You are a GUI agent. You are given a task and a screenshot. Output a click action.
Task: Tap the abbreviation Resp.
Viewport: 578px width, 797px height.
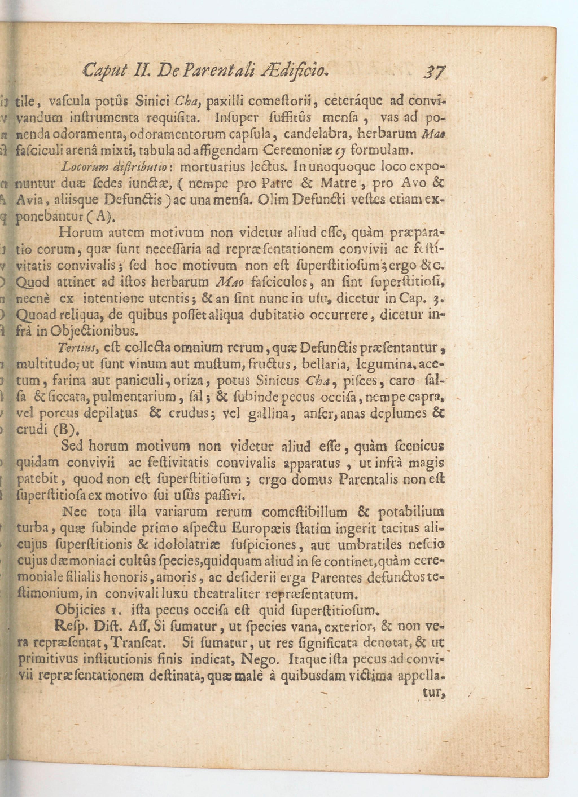coord(70,626)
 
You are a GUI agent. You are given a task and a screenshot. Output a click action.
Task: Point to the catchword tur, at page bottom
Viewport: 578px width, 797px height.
coord(434,692)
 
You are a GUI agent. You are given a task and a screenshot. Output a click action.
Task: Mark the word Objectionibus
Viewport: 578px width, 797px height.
coord(96,331)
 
